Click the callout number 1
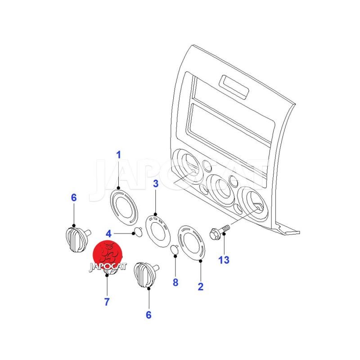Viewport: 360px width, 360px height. coord(118,155)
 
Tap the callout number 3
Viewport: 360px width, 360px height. coord(156,184)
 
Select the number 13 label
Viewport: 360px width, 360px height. coord(224,260)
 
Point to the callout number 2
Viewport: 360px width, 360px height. coord(200,287)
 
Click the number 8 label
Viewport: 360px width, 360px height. coord(175,283)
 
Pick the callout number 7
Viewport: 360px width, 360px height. coord(107,301)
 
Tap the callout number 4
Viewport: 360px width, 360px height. coord(108,234)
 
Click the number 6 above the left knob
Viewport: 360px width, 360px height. coord(74,198)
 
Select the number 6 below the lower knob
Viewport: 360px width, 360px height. coord(148,315)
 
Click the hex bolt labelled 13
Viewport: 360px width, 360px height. coord(220,232)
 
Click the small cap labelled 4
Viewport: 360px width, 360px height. coord(138,232)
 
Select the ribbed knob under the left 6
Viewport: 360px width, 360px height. coord(77,239)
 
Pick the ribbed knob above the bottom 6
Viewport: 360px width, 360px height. coord(145,275)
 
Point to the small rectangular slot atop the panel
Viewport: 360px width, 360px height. coord(234,87)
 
